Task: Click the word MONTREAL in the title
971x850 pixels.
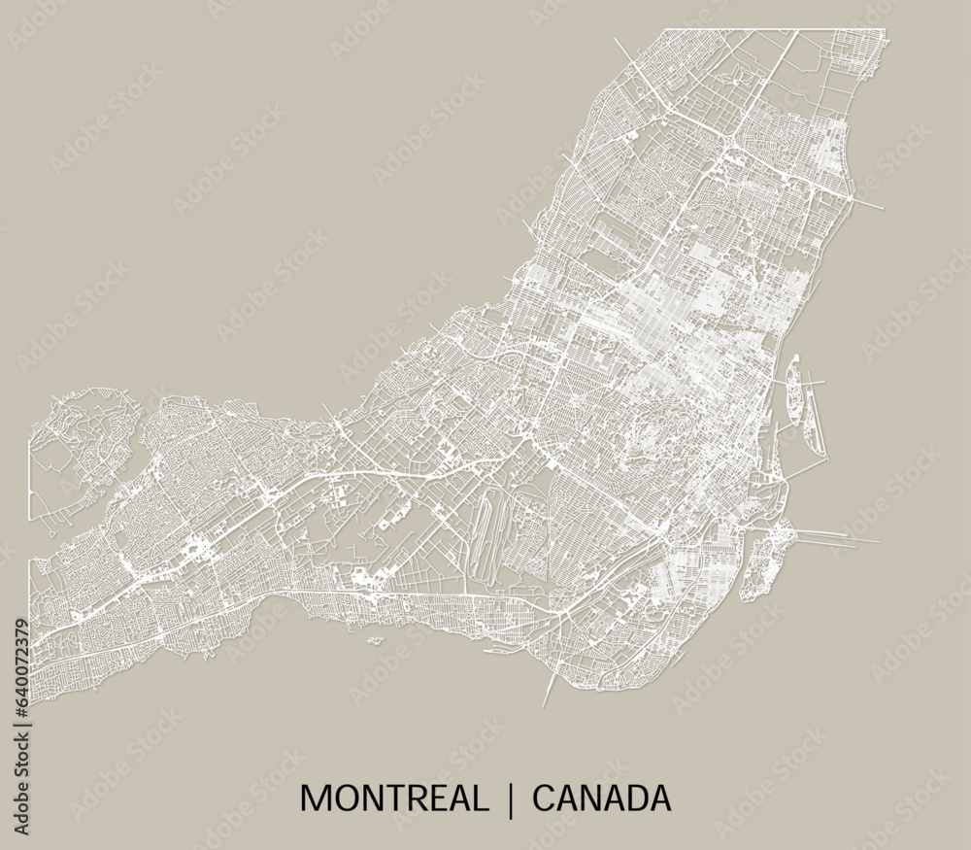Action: (x=393, y=799)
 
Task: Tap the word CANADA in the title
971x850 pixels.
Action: (x=602, y=799)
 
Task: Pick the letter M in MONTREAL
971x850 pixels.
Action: (x=315, y=799)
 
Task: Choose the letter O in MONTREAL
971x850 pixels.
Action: (x=343, y=799)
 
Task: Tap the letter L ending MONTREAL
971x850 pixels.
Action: (x=478, y=799)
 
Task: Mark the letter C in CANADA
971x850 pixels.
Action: (x=544, y=799)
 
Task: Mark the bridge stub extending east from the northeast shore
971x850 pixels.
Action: (x=870, y=205)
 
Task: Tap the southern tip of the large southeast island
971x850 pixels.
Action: (x=746, y=596)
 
